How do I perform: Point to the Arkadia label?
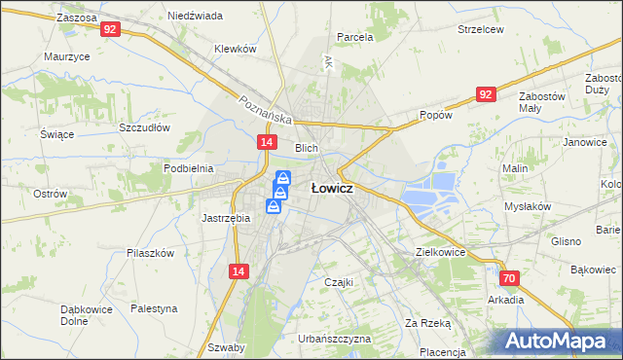506,300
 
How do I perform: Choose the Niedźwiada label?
195,17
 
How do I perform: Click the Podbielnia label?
189,168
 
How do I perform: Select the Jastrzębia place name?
226,218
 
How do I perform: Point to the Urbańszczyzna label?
336,339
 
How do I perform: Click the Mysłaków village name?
528,206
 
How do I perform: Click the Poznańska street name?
266,108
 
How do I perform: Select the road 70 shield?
510,278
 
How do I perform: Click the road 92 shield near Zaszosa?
110,29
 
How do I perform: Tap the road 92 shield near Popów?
487,93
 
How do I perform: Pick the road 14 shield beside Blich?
266,142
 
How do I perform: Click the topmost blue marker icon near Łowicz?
283,178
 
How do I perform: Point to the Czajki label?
338,282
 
